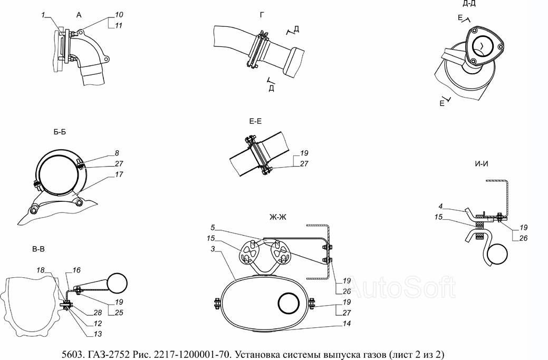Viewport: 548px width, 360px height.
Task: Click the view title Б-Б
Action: pos(60,132)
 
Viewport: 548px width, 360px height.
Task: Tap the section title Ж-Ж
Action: pos(278,217)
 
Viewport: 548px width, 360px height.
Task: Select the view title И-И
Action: pos(481,164)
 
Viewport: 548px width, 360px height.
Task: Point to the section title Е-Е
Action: pos(255,122)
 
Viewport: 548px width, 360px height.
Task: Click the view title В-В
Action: pos(38,249)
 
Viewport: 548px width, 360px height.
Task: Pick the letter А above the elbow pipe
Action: pos(79,15)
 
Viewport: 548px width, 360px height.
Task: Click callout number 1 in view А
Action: pos(43,15)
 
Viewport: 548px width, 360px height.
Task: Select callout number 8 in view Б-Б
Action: pos(117,153)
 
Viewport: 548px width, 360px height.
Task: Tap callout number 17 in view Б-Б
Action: pos(119,174)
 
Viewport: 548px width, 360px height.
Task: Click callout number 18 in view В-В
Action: pos(41,270)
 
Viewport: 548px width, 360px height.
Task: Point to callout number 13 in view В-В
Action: pos(98,334)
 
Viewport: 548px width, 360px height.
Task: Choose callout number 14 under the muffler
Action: pos(347,324)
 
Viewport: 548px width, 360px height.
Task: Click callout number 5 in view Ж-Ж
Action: pos(213,228)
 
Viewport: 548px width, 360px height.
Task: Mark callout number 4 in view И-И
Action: pos(441,207)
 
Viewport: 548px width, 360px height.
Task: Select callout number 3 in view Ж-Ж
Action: pos(213,249)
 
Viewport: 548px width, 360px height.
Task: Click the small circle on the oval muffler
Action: pos(289,303)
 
